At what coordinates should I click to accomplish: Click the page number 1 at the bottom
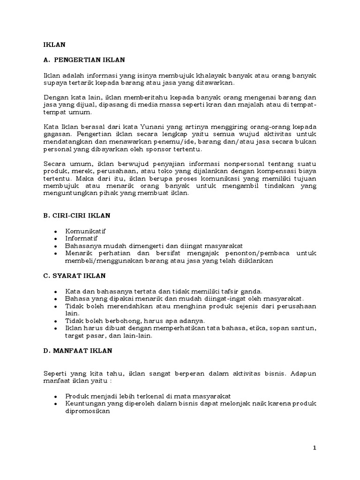click(315, 448)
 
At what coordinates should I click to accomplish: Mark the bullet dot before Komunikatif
click(57, 232)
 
